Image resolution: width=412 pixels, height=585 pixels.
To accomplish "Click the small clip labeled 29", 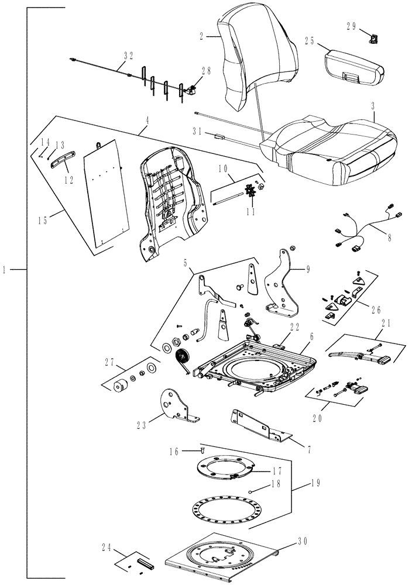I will point(373,39).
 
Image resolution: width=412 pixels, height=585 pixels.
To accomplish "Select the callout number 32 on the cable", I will point(128,56).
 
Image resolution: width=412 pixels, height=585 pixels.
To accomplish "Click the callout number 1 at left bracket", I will point(5,270).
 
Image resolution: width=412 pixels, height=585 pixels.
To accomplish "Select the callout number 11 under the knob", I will point(251,212).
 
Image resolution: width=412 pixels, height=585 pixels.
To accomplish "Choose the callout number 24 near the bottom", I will point(107,548).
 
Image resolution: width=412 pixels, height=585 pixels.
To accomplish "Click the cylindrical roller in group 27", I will point(122,387).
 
